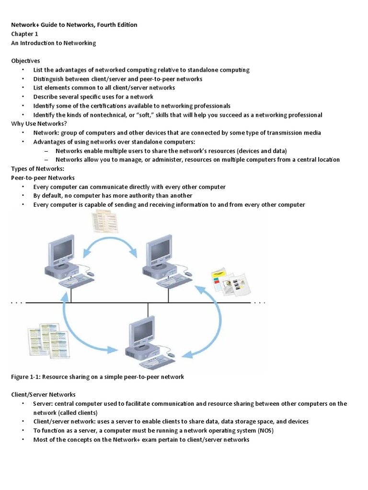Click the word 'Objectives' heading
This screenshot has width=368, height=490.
26,61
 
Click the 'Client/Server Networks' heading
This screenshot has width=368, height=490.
44,394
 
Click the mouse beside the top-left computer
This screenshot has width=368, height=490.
90,274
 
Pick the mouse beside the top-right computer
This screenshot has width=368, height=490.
188,274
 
